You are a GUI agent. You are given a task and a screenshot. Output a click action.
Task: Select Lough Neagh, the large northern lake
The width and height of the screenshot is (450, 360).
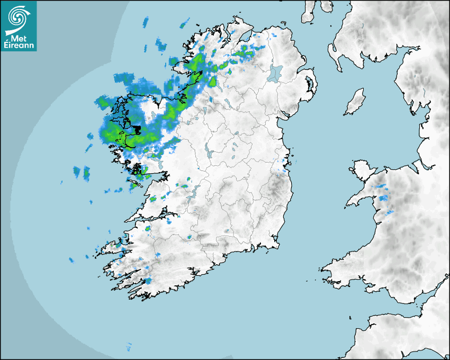point(275,73)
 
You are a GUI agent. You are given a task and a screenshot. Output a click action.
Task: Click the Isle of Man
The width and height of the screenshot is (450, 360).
point(355,102)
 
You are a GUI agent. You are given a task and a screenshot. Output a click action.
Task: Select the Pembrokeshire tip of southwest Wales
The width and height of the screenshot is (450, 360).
point(331,270)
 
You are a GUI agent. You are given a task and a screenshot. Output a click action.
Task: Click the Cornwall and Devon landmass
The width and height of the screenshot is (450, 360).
point(402,334)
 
